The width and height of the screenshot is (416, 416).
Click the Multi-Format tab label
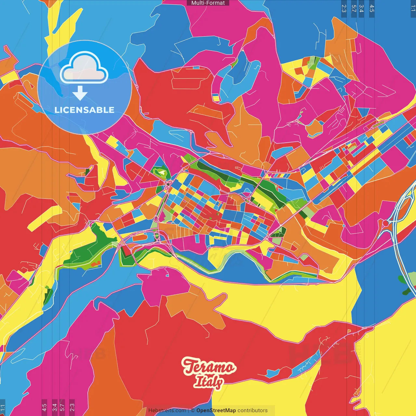tap(208, 3)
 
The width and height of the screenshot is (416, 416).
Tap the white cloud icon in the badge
tap(84, 68)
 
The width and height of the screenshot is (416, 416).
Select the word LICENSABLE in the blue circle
tap(84, 110)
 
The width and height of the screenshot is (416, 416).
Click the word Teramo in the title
tap(208, 367)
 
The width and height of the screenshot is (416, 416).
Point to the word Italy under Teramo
tap(208, 382)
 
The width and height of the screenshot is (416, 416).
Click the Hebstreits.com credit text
tap(167, 410)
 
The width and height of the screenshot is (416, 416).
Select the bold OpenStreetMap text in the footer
tap(216, 410)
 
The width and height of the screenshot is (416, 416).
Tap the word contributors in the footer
tap(253, 410)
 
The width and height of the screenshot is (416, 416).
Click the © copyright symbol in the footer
tap(192, 410)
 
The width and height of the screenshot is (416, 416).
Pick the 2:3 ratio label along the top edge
tap(344, 8)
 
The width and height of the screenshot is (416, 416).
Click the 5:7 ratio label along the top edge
tap(354, 8)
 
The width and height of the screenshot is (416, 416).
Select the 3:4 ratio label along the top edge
tap(361, 8)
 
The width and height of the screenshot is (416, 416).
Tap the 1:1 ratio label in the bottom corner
tap(3, 408)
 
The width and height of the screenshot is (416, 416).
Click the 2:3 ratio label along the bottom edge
tap(72, 408)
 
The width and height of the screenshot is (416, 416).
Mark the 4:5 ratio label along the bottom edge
tap(44, 408)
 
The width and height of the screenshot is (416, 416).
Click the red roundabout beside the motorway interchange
tap(385, 223)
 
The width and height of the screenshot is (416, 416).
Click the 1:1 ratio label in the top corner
tap(413, 8)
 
